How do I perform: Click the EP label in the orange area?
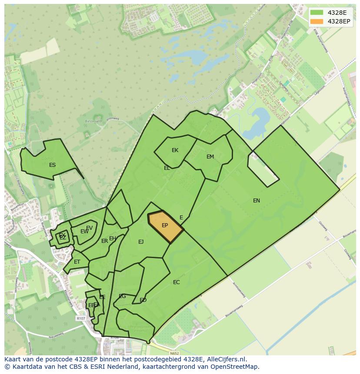[x=165, y=225]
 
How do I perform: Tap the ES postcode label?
[x=52, y=165]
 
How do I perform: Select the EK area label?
[x=175, y=150]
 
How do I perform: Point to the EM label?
[x=210, y=157]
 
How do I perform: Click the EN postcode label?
[x=257, y=200]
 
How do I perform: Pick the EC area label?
[x=176, y=282]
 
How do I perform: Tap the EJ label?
[x=141, y=242]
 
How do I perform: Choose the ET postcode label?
[x=77, y=262]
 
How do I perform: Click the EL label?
[x=167, y=168]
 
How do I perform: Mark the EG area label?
[x=122, y=296]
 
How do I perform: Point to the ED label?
[x=143, y=300]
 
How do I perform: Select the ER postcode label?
[x=104, y=241]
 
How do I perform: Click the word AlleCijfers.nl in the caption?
[x=226, y=359]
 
